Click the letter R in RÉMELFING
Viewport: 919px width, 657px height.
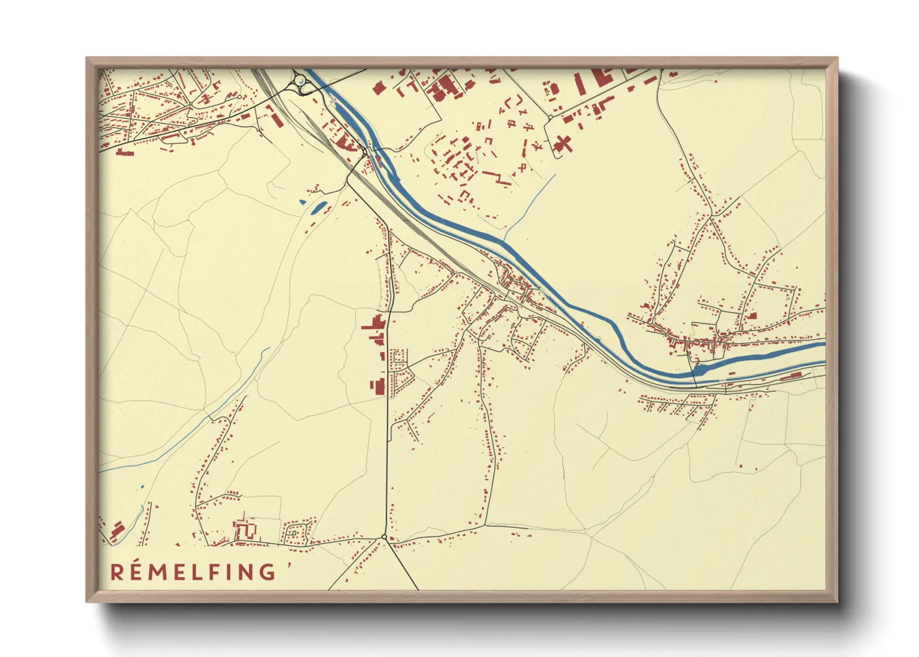coord(117,572)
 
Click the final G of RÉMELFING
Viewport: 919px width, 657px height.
coord(268,572)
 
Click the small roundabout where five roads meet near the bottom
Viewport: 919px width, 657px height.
coord(384,537)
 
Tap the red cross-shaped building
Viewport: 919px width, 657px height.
coord(562,144)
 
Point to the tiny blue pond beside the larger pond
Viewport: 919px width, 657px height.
coord(302,202)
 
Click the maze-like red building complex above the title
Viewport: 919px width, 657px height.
coord(246,530)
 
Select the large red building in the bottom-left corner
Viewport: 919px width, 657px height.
coord(116,532)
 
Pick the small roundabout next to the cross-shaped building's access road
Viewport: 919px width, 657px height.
coord(550,117)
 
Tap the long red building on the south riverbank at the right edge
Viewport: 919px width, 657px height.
coord(791,376)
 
